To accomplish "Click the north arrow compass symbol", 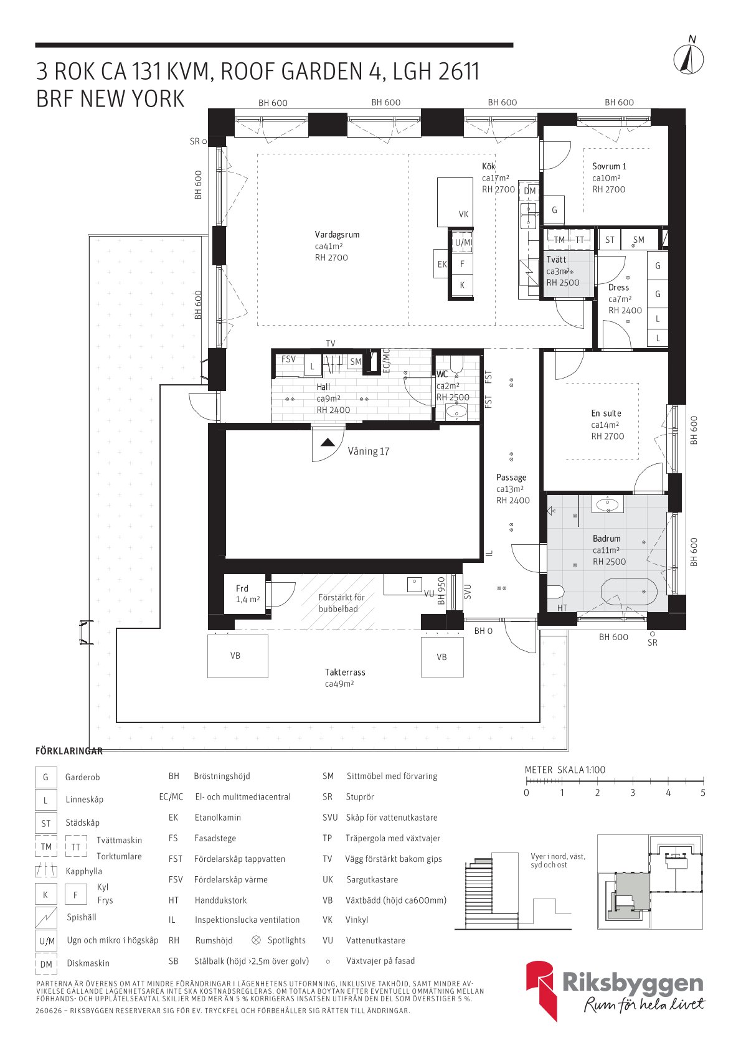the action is (x=688, y=59).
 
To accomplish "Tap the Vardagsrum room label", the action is (x=337, y=235).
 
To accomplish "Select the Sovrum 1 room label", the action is (x=609, y=166).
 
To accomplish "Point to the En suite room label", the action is (x=606, y=413).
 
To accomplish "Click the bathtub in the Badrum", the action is (x=629, y=592).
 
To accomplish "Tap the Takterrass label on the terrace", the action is (x=345, y=673).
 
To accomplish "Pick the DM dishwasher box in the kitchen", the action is (x=529, y=191).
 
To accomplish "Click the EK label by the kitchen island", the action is (x=442, y=265).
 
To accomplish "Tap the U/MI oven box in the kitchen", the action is (x=463, y=242).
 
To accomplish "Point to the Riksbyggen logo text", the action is (x=633, y=983).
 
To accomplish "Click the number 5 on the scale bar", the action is (x=702, y=793).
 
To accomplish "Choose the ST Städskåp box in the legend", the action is (x=46, y=823).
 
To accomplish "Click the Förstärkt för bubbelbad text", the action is (x=341, y=603).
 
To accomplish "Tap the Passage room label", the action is (x=511, y=477).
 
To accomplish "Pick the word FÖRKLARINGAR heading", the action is (x=69, y=751).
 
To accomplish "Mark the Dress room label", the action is (x=618, y=288).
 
